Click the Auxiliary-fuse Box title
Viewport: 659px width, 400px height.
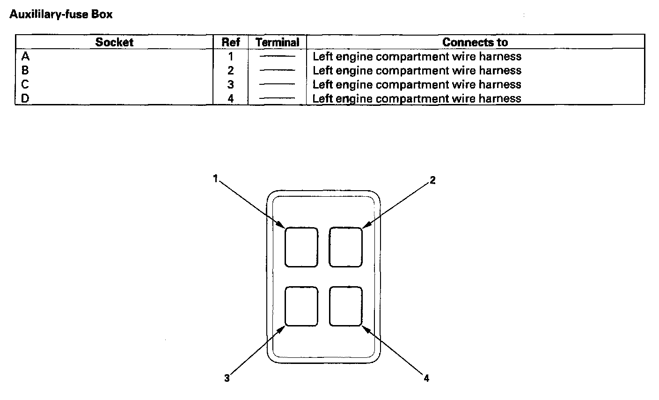[x=61, y=15]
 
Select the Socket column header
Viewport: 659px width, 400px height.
[x=114, y=42]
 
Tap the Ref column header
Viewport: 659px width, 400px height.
[x=230, y=42]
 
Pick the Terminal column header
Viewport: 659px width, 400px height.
[x=277, y=42]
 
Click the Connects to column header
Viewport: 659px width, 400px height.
[x=475, y=42]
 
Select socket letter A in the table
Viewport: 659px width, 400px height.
[x=25, y=57]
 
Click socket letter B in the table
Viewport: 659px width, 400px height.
[x=25, y=71]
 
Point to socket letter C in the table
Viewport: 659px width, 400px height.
[x=25, y=85]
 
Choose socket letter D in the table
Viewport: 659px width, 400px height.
[x=25, y=99]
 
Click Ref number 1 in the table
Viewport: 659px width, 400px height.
[x=230, y=57]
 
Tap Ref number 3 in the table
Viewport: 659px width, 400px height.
[x=230, y=85]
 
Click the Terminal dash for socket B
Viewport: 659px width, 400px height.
[x=277, y=71]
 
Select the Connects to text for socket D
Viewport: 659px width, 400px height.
[x=417, y=99]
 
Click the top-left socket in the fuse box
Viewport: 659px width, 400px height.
[x=301, y=247]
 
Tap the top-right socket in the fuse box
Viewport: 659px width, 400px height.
[x=345, y=247]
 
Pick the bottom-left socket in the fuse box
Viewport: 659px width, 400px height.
[x=301, y=306]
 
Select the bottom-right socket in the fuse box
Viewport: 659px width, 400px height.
[x=345, y=306]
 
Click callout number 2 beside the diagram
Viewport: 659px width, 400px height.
[x=432, y=180]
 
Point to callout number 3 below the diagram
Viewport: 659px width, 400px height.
[x=227, y=378]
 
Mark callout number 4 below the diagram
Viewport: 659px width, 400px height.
[x=426, y=378]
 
